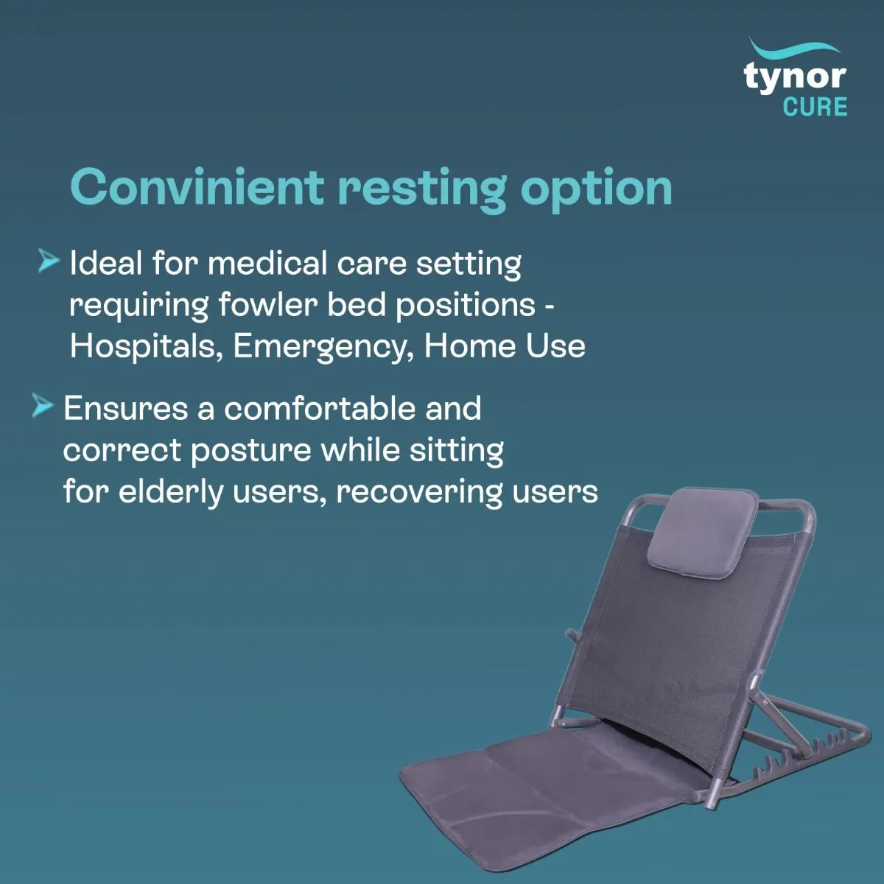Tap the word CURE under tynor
click(815, 108)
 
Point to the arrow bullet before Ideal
click(48, 261)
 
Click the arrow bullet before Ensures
click(43, 406)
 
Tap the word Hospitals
click(146, 347)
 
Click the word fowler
click(267, 305)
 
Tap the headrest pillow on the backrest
click(703, 530)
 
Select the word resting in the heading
click(421, 189)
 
